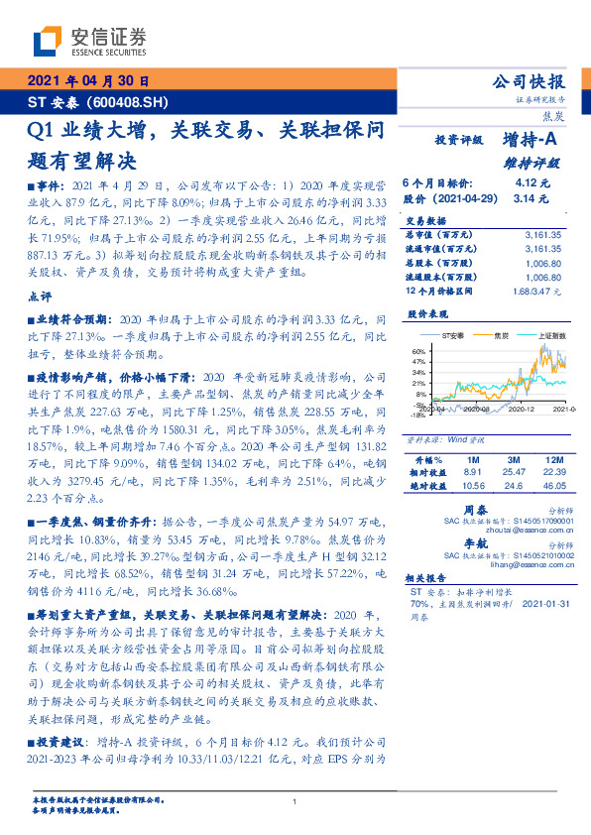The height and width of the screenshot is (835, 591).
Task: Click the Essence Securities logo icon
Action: tap(48, 42)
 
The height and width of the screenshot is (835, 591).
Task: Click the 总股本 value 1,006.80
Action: tap(538, 264)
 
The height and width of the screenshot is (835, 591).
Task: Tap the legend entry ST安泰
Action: tap(455, 336)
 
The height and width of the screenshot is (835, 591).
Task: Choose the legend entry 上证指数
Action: tap(551, 336)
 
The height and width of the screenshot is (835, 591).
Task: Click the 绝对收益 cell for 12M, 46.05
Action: tap(552, 486)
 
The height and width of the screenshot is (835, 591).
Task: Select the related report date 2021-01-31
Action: tap(544, 602)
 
